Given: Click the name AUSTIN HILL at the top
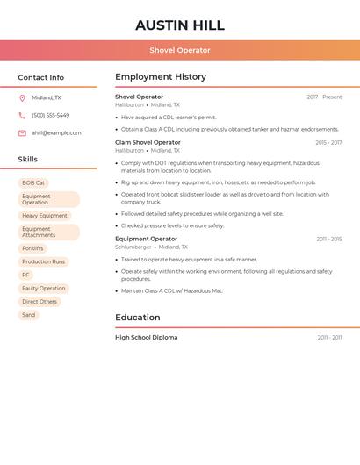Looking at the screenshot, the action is coord(180,25).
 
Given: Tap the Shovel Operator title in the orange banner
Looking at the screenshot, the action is coord(180,50).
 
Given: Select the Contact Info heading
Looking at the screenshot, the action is coord(41,77).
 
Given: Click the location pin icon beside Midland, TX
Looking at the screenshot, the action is coord(22,98).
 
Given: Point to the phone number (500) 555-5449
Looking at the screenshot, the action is coord(50,116).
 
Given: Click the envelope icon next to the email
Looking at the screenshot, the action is coord(22,133).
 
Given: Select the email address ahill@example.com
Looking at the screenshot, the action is coord(56,133).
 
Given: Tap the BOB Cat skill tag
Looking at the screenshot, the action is coord(33,182).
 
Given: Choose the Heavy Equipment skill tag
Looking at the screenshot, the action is coord(45,216).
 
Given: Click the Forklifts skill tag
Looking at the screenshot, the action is coord(32,248).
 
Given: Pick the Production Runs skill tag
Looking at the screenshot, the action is coord(44,261).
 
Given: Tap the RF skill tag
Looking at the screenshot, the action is coord(25,275).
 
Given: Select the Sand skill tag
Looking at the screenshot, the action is coord(29,315).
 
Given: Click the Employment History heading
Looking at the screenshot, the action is coord(161,77).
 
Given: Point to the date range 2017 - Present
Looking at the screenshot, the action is coord(324,97).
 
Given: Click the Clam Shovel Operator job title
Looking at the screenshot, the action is coord(148,142).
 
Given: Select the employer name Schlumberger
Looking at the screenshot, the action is coord(133,247).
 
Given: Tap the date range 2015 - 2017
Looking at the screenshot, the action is coord(328,142).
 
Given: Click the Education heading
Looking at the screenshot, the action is coord(138,318).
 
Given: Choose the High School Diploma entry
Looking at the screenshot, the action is coord(146,337).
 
